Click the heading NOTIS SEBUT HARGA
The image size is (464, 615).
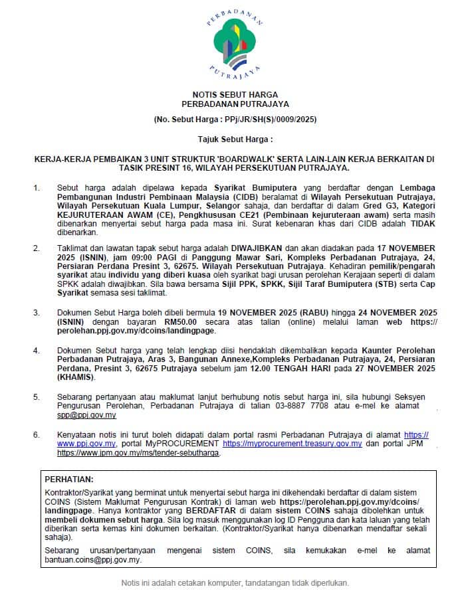[235, 95]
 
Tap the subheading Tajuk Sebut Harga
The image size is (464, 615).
[235, 140]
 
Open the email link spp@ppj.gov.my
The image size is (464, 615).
[86, 415]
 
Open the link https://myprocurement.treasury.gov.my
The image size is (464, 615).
[292, 443]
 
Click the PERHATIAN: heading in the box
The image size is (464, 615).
[69, 479]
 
